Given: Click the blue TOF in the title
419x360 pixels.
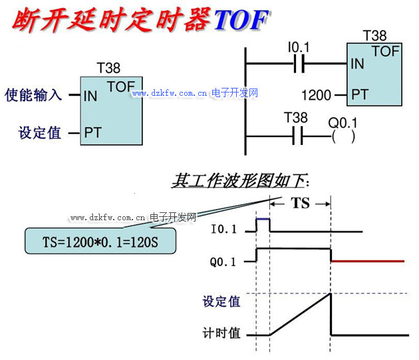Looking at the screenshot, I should pyautogui.click(x=241, y=21).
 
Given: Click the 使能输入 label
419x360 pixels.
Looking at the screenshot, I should pyautogui.click(x=33, y=94).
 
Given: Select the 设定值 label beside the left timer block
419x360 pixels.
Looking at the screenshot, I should pyautogui.click(x=39, y=133).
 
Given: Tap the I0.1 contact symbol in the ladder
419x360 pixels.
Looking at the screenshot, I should pyautogui.click(x=303, y=64).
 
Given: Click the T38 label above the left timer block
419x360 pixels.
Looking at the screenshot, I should pyautogui.click(x=108, y=68).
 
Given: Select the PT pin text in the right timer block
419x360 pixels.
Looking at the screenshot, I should pyautogui.click(x=360, y=94).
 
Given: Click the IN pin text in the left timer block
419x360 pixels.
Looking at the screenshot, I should pyautogui.click(x=90, y=96).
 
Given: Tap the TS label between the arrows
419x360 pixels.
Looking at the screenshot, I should pyautogui.click(x=301, y=203).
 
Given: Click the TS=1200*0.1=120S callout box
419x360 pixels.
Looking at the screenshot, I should pyautogui.click(x=100, y=241).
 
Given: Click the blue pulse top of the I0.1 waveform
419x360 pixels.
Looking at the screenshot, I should pyautogui.click(x=263, y=218).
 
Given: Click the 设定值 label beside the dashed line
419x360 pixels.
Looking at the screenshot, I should pyautogui.click(x=221, y=301).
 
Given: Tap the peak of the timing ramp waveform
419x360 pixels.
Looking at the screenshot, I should pyautogui.click(x=330, y=294).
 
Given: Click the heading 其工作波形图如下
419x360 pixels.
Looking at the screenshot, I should pyautogui.click(x=239, y=181).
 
